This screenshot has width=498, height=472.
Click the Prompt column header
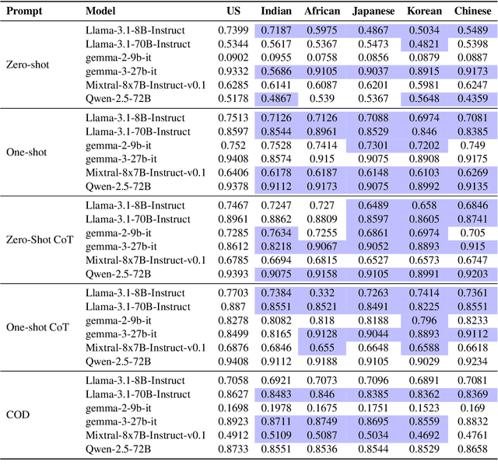[24, 12]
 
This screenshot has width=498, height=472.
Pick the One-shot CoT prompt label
[37, 327]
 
